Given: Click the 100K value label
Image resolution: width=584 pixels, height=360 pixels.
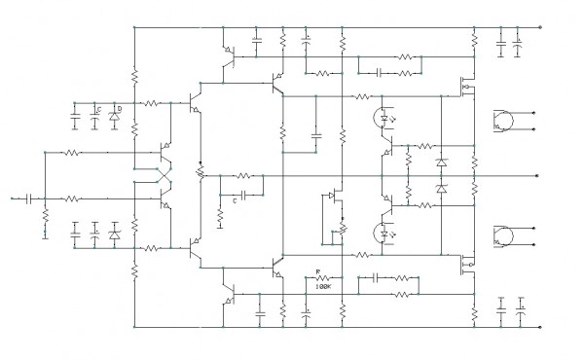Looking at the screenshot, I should tap(323, 286).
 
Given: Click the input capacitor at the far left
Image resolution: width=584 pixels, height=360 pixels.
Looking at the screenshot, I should tap(29, 198).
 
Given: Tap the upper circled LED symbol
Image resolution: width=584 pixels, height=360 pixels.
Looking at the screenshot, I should tap(382, 119).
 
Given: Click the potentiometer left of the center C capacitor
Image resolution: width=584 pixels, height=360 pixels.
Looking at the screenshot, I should tap(201, 173).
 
